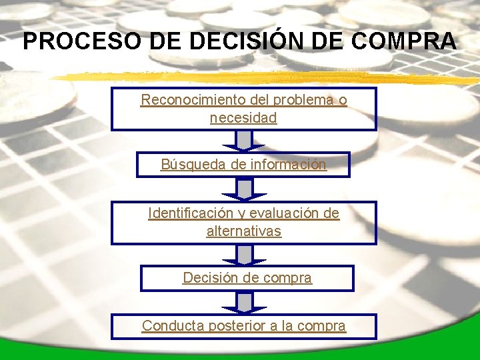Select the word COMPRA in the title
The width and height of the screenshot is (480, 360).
[x=403, y=41]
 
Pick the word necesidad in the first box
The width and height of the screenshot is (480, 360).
[x=243, y=119]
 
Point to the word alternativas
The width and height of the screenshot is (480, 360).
[x=244, y=231]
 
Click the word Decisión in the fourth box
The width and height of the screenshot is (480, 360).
[x=208, y=278]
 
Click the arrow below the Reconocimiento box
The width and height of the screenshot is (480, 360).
[x=245, y=141]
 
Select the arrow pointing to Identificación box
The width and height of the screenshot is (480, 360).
[x=245, y=189]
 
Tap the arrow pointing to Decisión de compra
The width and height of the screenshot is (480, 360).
[x=245, y=255]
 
